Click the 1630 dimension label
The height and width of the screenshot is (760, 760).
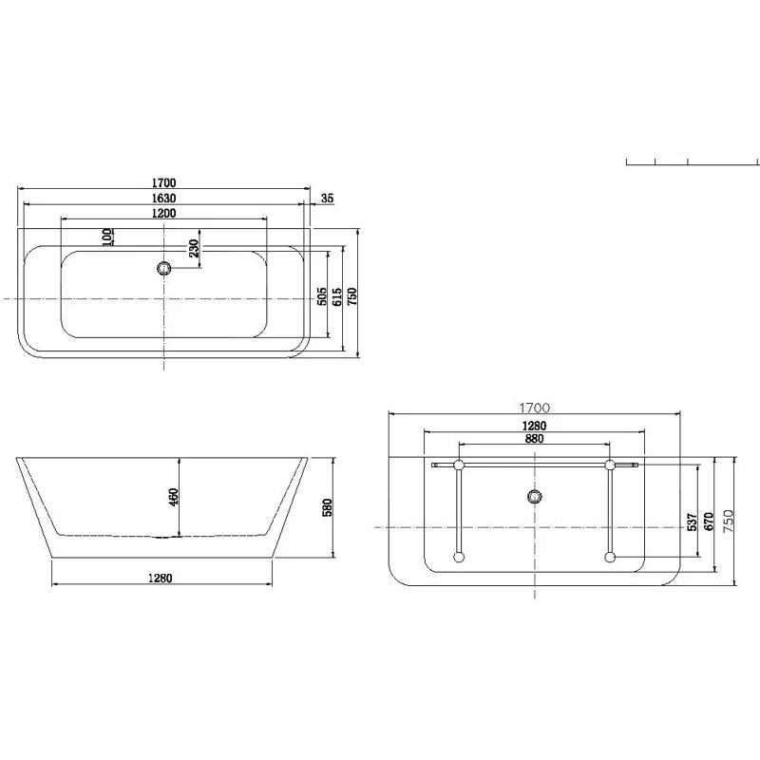[x=162, y=198]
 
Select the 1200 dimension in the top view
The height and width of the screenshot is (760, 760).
[x=162, y=214]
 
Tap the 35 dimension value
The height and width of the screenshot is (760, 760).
[x=328, y=198]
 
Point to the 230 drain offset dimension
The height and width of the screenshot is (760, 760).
[x=193, y=249]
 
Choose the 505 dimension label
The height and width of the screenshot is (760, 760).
[x=322, y=296]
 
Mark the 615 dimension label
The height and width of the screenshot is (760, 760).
[x=336, y=296]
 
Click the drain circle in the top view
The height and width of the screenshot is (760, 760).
[x=164, y=268]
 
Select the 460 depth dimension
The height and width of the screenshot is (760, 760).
[x=174, y=497]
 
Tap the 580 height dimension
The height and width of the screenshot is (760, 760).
[x=326, y=509]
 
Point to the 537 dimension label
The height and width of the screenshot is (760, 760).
[x=694, y=521]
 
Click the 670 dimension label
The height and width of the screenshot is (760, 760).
[x=709, y=521]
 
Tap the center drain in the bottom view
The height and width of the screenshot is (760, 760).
[x=534, y=496]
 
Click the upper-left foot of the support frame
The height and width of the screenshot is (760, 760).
[x=459, y=465]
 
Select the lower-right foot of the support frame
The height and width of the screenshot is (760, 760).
[x=609, y=558]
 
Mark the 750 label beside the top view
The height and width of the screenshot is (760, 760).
[x=351, y=296]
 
